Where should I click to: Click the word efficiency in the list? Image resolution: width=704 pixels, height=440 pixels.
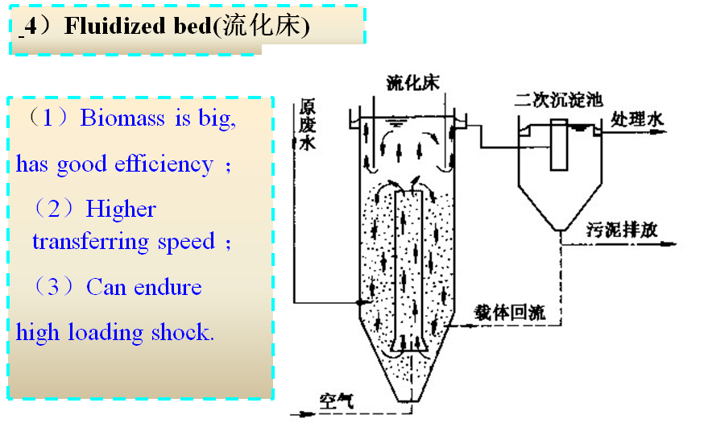pyautogui.click(x=164, y=164)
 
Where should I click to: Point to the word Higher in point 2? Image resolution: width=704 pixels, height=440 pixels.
pyautogui.click(x=121, y=210)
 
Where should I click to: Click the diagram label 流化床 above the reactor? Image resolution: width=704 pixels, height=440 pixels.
pyautogui.click(x=412, y=82)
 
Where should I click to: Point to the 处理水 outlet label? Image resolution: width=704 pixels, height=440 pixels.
pyautogui.click(x=637, y=119)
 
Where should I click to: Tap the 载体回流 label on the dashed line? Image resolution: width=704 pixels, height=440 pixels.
pyautogui.click(x=509, y=313)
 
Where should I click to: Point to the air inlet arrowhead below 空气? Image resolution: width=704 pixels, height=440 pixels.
pyautogui.click(x=305, y=415)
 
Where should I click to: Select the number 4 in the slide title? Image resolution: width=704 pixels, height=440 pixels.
pyautogui.click(x=29, y=26)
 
